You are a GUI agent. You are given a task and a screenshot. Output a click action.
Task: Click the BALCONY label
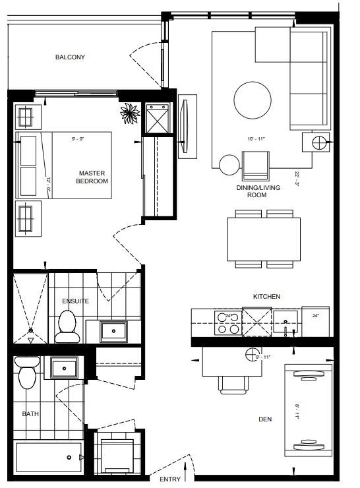[x=70, y=57]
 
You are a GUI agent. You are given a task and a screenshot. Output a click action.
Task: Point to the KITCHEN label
[x=267, y=297]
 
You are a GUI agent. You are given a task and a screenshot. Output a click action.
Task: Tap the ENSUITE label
[x=75, y=301]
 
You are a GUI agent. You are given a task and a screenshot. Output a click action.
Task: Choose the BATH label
[x=30, y=414]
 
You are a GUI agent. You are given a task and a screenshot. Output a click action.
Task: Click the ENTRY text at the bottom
[x=170, y=479]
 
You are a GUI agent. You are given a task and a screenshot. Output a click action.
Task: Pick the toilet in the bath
[x=27, y=375]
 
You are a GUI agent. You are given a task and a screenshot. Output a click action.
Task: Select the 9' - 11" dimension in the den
[x=262, y=357]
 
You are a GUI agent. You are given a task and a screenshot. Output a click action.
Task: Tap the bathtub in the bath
[x=46, y=456]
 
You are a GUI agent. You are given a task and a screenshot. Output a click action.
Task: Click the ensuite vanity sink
[x=114, y=330]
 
